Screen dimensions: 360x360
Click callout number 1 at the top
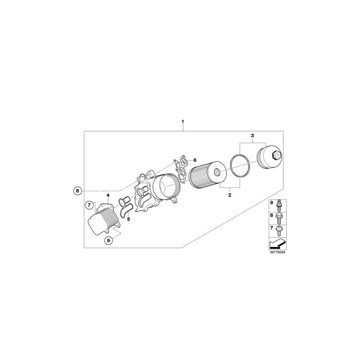[183, 121]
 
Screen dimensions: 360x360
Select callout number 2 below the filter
[230, 195]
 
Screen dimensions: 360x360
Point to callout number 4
[108, 195]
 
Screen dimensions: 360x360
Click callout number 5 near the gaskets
[128, 219]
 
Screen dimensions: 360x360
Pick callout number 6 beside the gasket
[195, 160]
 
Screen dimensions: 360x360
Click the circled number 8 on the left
[78, 191]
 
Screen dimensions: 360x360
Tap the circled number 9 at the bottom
[108, 240]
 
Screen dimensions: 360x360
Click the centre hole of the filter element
[216, 173]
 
